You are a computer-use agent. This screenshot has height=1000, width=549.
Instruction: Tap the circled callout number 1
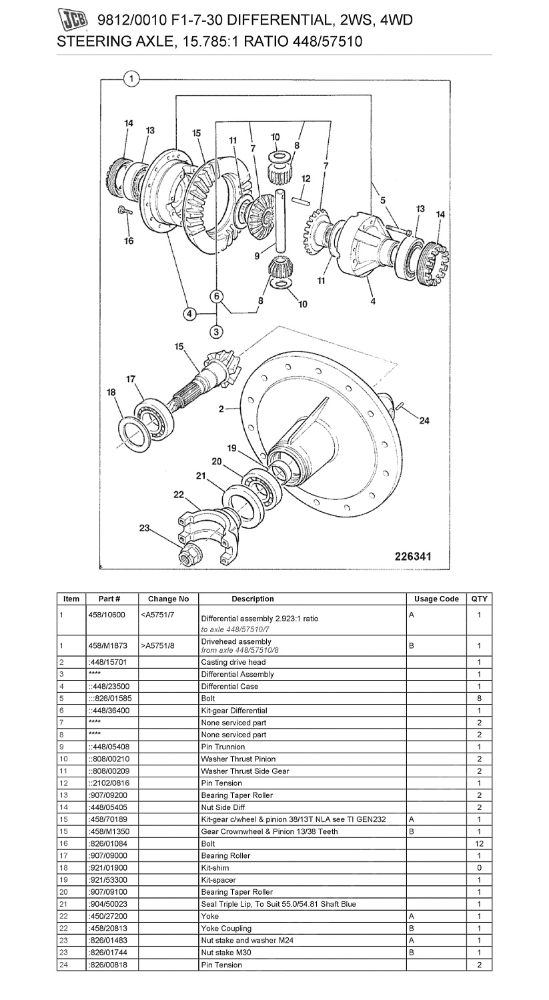pyautogui.click(x=131, y=79)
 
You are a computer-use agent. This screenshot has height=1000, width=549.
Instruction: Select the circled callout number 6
pyautogui.click(x=217, y=297)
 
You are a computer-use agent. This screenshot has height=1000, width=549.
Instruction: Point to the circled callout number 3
pyautogui.click(x=217, y=332)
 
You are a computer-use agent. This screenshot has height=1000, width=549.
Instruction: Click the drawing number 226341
pyautogui.click(x=413, y=556)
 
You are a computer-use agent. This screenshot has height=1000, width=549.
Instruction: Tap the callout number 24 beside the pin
pyautogui.click(x=424, y=421)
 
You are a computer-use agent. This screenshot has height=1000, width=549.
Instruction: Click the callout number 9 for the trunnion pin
pyautogui.click(x=257, y=256)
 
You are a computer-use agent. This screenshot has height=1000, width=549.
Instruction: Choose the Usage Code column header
pyautogui.click(x=436, y=599)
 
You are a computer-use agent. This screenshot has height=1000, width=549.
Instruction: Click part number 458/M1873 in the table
pyautogui.click(x=107, y=645)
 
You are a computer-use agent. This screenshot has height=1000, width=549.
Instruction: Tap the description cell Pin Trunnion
pyautogui.click(x=223, y=747)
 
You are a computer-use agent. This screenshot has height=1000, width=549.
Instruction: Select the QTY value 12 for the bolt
pyautogui.click(x=480, y=843)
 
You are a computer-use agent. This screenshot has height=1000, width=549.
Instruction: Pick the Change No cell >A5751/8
pyautogui.click(x=157, y=645)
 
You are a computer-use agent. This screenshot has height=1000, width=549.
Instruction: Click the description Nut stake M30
pyautogui.click(x=226, y=952)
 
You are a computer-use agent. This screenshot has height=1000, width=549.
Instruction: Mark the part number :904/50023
pyautogui.click(x=107, y=904)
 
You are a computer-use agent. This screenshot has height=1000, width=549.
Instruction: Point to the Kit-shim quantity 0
pyautogui.click(x=480, y=867)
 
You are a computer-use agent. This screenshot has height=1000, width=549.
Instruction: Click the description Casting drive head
pyautogui.click(x=233, y=662)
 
